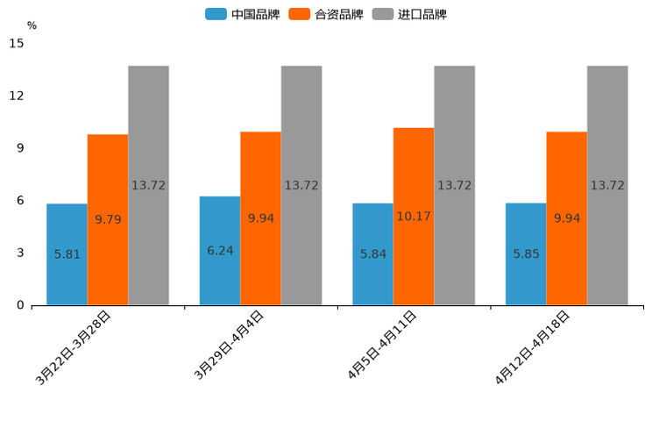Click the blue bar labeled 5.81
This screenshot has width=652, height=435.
pos(67,254)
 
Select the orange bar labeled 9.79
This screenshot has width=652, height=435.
pos(108,219)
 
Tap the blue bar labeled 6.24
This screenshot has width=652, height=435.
pos(220,251)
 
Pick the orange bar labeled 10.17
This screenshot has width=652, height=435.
pos(414,216)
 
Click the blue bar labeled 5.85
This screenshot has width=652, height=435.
pos(526,254)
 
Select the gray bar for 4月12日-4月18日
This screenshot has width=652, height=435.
pos(607,185)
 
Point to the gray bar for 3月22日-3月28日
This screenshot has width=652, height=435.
pos(148,185)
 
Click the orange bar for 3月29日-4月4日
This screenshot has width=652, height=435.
pos(260,218)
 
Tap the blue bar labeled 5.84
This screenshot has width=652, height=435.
pos(372,254)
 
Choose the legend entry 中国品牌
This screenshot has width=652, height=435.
pos(242,14)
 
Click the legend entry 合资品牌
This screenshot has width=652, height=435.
pos(326,14)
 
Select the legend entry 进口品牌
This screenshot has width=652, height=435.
pos(409,14)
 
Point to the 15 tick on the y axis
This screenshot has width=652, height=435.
pos(17,43)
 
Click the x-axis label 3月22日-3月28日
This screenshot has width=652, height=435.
pos(74,348)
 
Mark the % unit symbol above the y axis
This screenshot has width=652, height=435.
pos(32,25)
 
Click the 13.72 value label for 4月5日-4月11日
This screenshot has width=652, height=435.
pos(454,185)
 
